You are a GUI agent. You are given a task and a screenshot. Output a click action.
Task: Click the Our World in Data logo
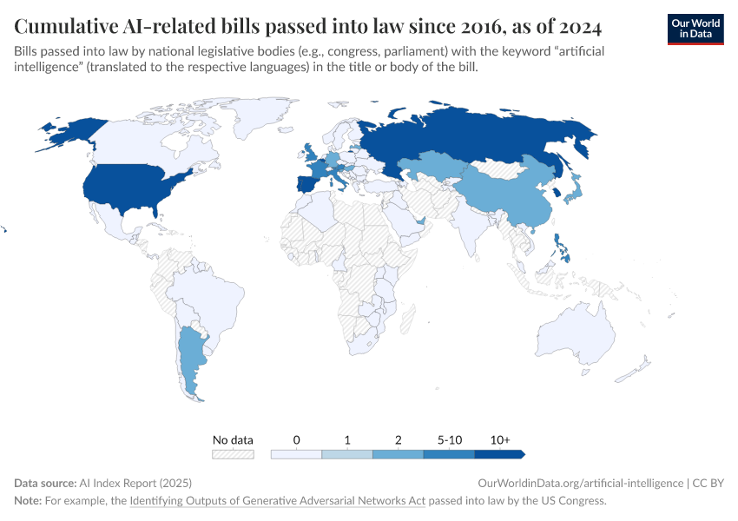click(695, 28)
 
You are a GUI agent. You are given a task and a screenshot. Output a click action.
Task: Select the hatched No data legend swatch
click(233, 454)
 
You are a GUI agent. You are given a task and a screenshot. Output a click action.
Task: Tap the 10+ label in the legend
click(499, 440)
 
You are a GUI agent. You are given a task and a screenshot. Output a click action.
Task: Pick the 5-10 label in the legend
click(449, 440)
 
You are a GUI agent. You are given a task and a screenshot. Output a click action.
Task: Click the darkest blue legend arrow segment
click(499, 454)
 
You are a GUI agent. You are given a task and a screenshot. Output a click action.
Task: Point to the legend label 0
click(296, 440)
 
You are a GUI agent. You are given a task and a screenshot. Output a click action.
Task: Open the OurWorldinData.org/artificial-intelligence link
click(580, 483)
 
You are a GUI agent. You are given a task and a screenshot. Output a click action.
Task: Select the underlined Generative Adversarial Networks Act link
click(277, 501)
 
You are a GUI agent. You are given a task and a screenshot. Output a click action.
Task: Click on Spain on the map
click(308, 185)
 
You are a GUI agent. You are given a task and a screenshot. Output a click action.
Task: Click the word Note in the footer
click(27, 501)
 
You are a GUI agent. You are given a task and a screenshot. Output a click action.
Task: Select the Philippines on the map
click(562, 248)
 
